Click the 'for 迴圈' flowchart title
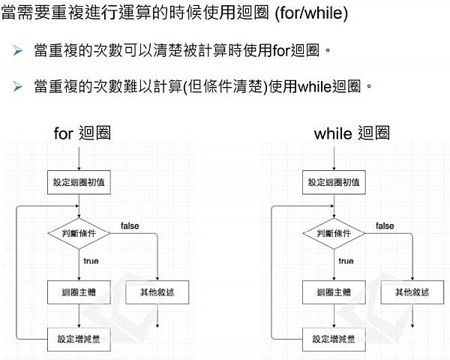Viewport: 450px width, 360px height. pyautogui.click(x=82, y=133)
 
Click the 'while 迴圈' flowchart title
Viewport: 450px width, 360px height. pyautogui.click(x=352, y=133)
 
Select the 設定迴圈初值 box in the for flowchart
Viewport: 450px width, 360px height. pyautogui.click(x=79, y=182)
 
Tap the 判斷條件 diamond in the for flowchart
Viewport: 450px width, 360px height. pyautogui.click(x=79, y=233)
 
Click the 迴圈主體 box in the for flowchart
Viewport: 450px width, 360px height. pyautogui.click(x=79, y=292)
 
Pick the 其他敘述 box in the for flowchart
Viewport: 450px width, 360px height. pyautogui.click(x=158, y=292)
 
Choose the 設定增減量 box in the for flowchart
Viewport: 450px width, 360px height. pyautogui.click(x=79, y=338)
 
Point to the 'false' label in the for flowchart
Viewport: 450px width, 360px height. pyautogui.click(x=129, y=226)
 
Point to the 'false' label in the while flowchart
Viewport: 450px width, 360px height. pyautogui.click(x=385, y=226)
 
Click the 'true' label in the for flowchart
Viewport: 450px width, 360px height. pyautogui.click(x=90, y=261)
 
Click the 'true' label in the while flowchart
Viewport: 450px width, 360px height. pyautogui.click(x=346, y=261)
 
